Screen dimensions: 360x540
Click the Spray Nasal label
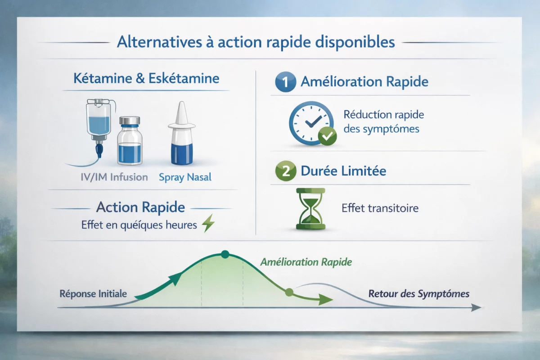coord(185,177)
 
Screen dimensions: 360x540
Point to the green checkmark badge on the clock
coord(327,135)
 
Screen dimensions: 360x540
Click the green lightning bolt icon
coord(208,224)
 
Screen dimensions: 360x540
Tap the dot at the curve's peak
coord(225,255)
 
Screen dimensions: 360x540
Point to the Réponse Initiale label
coord(93,294)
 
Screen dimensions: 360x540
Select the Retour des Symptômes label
coord(418,294)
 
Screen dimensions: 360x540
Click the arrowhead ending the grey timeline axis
coord(476,308)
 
